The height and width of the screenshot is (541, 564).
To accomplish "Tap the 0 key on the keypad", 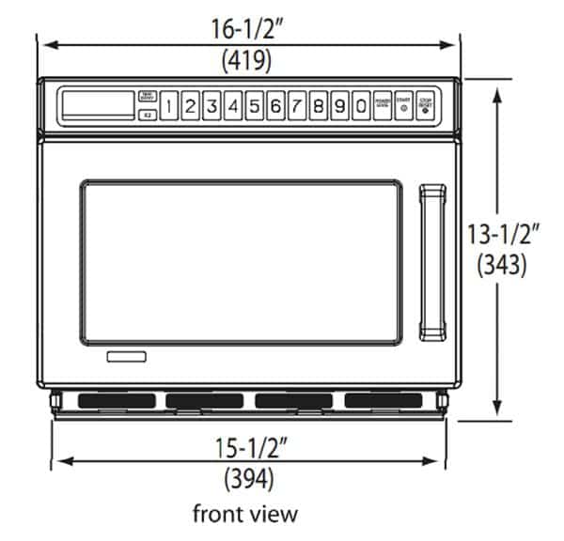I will click(361, 106).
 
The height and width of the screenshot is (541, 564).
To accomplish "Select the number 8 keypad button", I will click(318, 106).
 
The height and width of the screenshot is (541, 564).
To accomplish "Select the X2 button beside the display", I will click(147, 116).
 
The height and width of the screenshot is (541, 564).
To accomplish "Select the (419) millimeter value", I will click(247, 61).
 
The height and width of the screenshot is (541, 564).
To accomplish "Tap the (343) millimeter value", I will click(506, 265).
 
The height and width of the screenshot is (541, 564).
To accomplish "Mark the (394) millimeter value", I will click(248, 479).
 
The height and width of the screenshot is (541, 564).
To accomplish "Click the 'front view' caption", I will click(245, 514).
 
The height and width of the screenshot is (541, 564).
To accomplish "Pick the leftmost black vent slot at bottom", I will click(108, 401).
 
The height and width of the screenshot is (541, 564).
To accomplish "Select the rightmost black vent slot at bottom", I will click(383, 401).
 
